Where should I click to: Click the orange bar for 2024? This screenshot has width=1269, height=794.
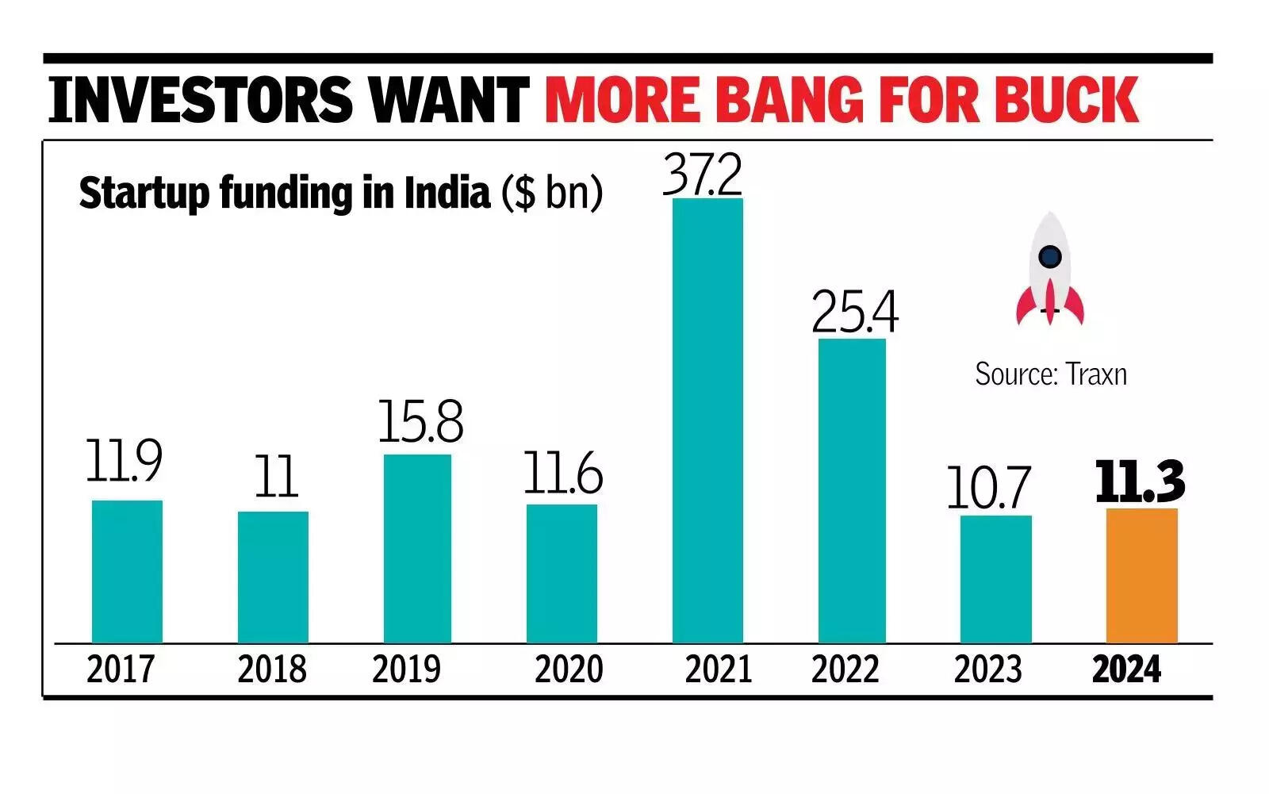(x=1141, y=575)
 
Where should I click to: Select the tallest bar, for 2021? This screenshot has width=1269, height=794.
(x=707, y=420)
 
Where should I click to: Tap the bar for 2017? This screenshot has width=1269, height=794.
(x=127, y=571)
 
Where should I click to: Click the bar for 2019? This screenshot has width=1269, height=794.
(x=417, y=548)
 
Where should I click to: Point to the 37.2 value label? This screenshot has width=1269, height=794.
(x=703, y=175)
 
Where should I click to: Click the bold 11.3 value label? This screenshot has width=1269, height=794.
(x=1140, y=481)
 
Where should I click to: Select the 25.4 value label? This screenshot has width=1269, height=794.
(x=855, y=313)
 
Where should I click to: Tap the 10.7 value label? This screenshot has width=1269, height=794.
(x=988, y=488)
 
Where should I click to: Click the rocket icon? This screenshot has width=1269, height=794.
(x=1050, y=270)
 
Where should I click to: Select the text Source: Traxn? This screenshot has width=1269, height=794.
(x=1051, y=374)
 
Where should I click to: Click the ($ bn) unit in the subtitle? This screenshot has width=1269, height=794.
(x=551, y=193)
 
